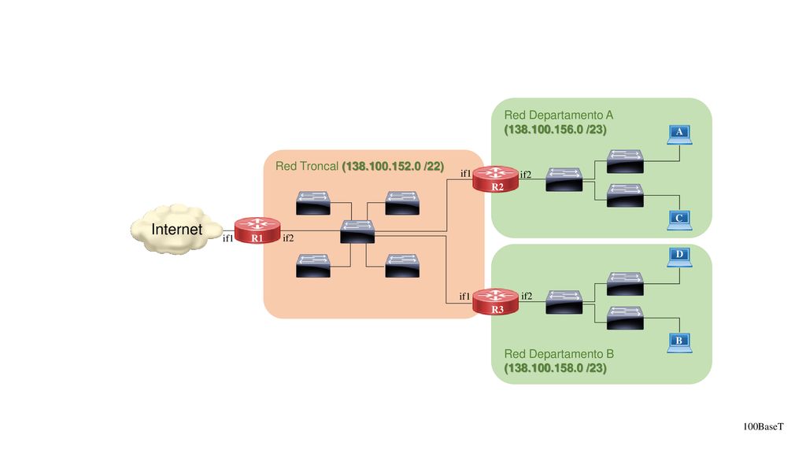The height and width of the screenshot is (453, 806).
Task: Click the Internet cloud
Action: pos(174,229)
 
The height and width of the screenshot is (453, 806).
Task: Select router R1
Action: pos(257,230)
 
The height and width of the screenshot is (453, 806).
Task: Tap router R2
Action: pos(496,179)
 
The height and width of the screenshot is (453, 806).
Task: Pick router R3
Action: pos(496,301)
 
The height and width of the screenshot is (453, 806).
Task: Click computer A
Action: pos(679,134)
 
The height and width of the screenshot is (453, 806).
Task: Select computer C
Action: pos(679,220)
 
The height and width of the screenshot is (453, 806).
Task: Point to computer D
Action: pos(679,257)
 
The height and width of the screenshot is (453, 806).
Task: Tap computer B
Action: pos(679,343)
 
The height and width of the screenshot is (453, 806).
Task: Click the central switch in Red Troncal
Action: pos(357,232)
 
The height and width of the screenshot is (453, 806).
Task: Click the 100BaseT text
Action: pos(763,426)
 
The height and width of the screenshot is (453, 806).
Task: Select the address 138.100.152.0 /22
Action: pos(393,167)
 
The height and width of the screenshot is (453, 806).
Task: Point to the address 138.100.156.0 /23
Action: pos(555,130)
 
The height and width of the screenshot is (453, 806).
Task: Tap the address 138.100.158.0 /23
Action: pos(555,368)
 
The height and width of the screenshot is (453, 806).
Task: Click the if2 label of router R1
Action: pos(288,238)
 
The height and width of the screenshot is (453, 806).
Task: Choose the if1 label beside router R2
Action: pos(464,174)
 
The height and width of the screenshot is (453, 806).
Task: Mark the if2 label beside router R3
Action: pos(527,296)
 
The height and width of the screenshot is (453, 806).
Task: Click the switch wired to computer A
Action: pos(625,161)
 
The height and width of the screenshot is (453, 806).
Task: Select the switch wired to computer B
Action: pos(625,318)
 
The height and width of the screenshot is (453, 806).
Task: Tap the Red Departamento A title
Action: pos(559,115)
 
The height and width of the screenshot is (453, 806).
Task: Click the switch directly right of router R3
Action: pos(564,302)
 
